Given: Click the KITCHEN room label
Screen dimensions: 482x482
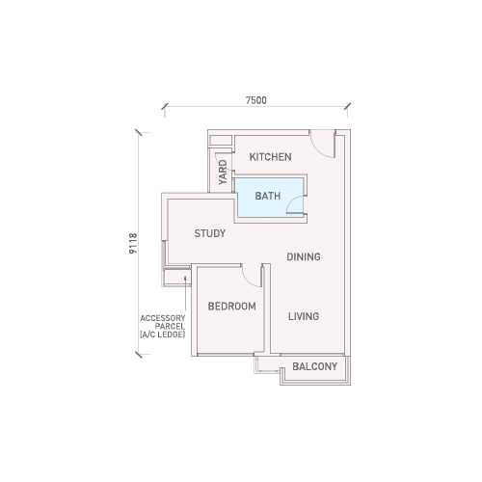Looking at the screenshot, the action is point(271,157).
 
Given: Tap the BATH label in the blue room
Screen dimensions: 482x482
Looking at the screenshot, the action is point(268,196).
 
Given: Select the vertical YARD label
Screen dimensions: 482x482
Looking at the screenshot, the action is point(223,173).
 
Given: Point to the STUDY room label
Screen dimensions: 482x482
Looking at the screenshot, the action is point(210,233).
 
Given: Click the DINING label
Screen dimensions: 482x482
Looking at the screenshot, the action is point(304,256).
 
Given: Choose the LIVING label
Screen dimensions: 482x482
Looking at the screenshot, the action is point(304,316).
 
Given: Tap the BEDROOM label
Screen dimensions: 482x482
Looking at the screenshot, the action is point(232,307).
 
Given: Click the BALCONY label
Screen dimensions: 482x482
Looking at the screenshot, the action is point(315,366).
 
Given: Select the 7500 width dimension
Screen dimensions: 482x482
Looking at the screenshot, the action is point(256,100).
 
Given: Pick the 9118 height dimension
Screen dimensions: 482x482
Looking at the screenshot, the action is point(133,244).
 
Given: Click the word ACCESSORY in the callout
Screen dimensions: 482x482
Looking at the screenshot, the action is point(163,318).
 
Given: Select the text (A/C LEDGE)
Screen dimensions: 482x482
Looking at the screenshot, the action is point(163,335).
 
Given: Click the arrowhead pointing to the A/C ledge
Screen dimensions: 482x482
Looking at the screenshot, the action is point(185,279).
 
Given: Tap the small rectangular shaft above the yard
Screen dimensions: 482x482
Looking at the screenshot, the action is point(221,141).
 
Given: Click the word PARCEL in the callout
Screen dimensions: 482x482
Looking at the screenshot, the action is point(170,326).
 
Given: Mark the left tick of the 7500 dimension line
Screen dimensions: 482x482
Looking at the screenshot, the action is point(165,106).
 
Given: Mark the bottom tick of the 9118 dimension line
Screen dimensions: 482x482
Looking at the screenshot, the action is point(139,355).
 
